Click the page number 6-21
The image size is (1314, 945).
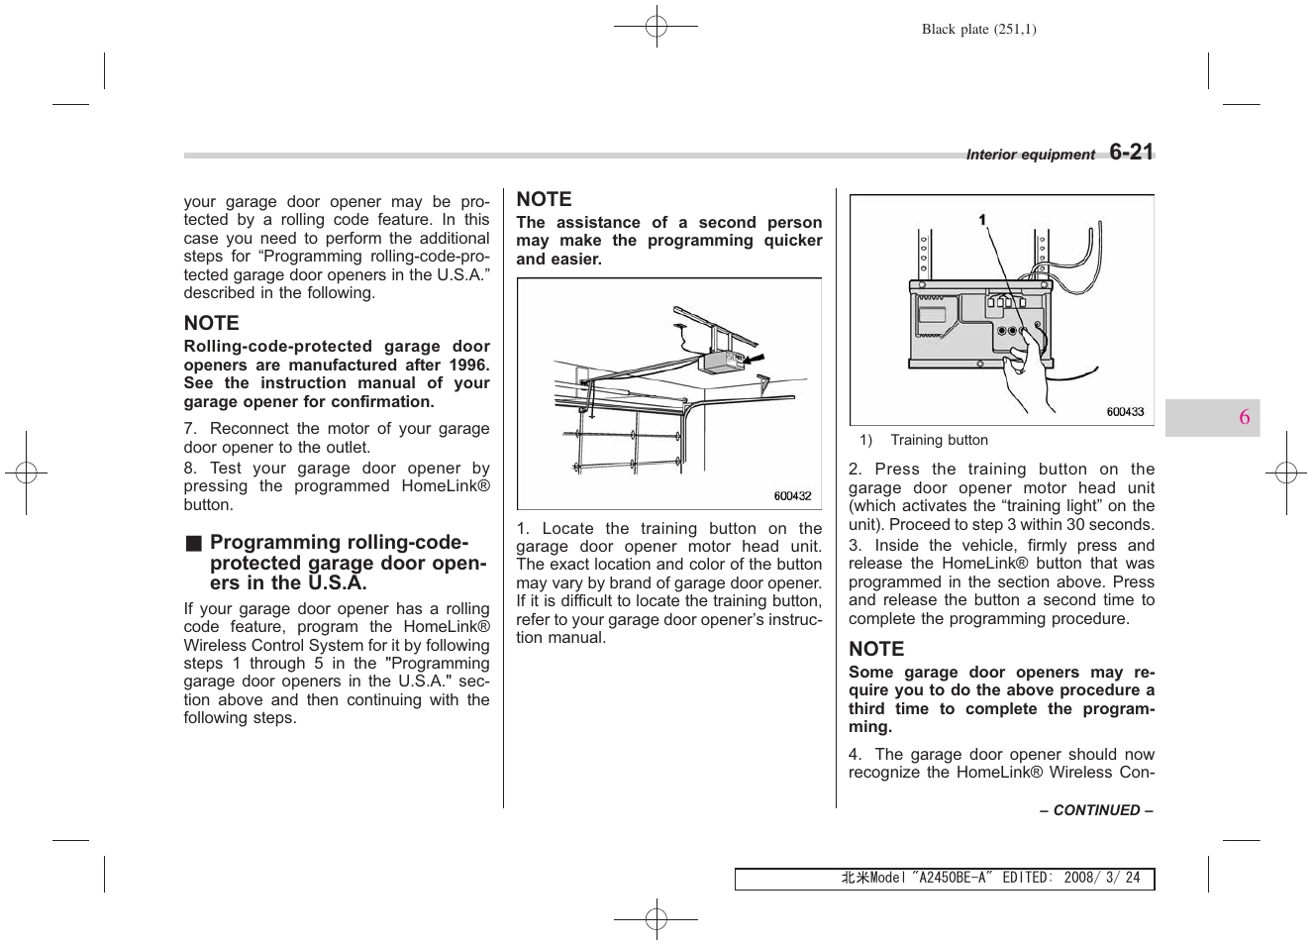click(x=1131, y=152)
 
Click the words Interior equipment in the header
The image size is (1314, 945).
click(x=1030, y=155)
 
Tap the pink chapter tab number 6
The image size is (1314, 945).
click(x=1244, y=417)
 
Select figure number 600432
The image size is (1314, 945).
click(x=792, y=496)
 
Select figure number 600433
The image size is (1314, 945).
click(x=1125, y=412)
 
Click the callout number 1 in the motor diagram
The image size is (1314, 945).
click(x=982, y=220)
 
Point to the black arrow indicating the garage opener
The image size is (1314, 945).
click(x=756, y=358)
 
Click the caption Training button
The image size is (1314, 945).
click(x=939, y=441)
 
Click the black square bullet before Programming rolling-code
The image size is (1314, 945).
click(x=194, y=543)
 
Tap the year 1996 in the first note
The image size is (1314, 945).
click(x=468, y=366)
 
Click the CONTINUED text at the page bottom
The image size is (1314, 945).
click(x=1096, y=810)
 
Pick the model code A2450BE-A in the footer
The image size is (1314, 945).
click(x=952, y=878)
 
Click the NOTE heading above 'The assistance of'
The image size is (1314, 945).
click(x=544, y=199)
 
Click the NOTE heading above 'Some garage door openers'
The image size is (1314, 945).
click(x=876, y=649)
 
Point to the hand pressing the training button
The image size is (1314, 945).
click(x=1030, y=371)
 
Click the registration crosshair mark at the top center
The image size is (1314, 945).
click(x=656, y=26)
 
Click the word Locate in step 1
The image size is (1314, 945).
click(x=567, y=529)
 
